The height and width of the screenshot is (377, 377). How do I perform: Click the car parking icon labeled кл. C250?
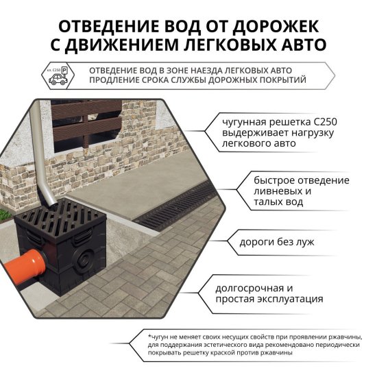pyautogui.click(x=58, y=76)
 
